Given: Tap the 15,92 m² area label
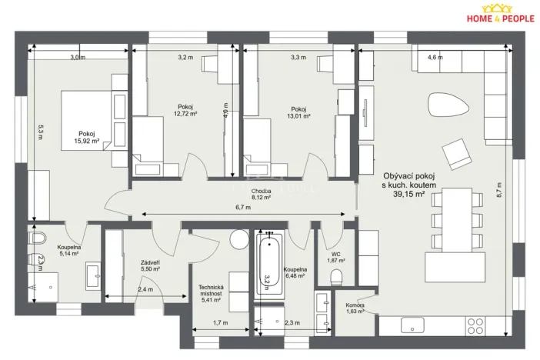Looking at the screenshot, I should [x=87, y=141].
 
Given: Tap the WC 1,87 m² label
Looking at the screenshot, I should [x=335, y=257].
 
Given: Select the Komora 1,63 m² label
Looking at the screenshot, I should [x=355, y=309].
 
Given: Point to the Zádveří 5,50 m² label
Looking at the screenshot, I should [x=150, y=266].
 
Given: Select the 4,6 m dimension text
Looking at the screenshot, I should [x=435, y=57].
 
